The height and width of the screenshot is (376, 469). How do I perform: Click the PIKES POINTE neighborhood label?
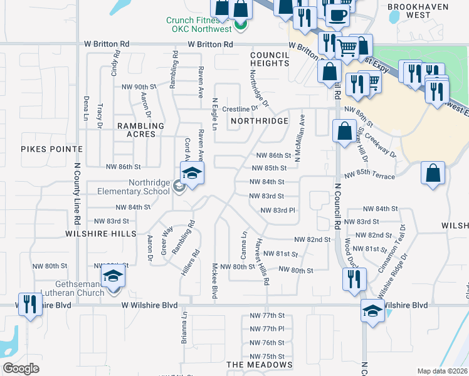(x=51, y=149)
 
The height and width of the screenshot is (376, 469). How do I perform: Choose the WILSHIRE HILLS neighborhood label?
(x=101, y=233)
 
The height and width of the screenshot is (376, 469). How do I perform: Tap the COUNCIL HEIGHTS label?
(x=270, y=59)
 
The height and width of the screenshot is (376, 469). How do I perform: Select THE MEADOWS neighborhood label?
(x=259, y=364)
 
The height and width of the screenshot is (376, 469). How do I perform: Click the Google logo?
(x=21, y=368)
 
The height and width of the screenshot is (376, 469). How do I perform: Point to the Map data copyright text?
(x=442, y=371)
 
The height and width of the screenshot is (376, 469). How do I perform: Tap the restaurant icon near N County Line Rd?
(x=29, y=305)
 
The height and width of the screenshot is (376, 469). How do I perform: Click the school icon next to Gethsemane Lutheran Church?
(x=113, y=276)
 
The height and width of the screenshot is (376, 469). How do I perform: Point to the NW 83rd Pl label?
(x=278, y=211)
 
